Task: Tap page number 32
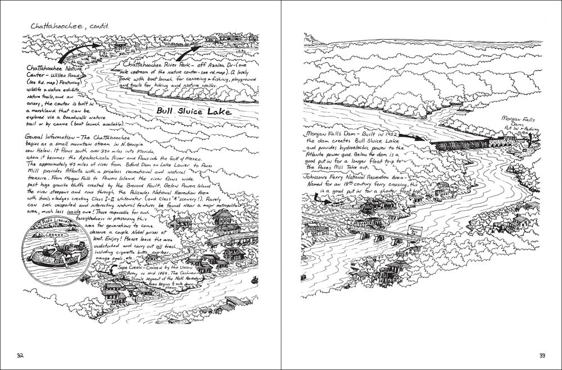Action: (x=21, y=355)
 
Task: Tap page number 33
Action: (x=543, y=355)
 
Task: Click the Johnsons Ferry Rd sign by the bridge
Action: (x=415, y=229)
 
